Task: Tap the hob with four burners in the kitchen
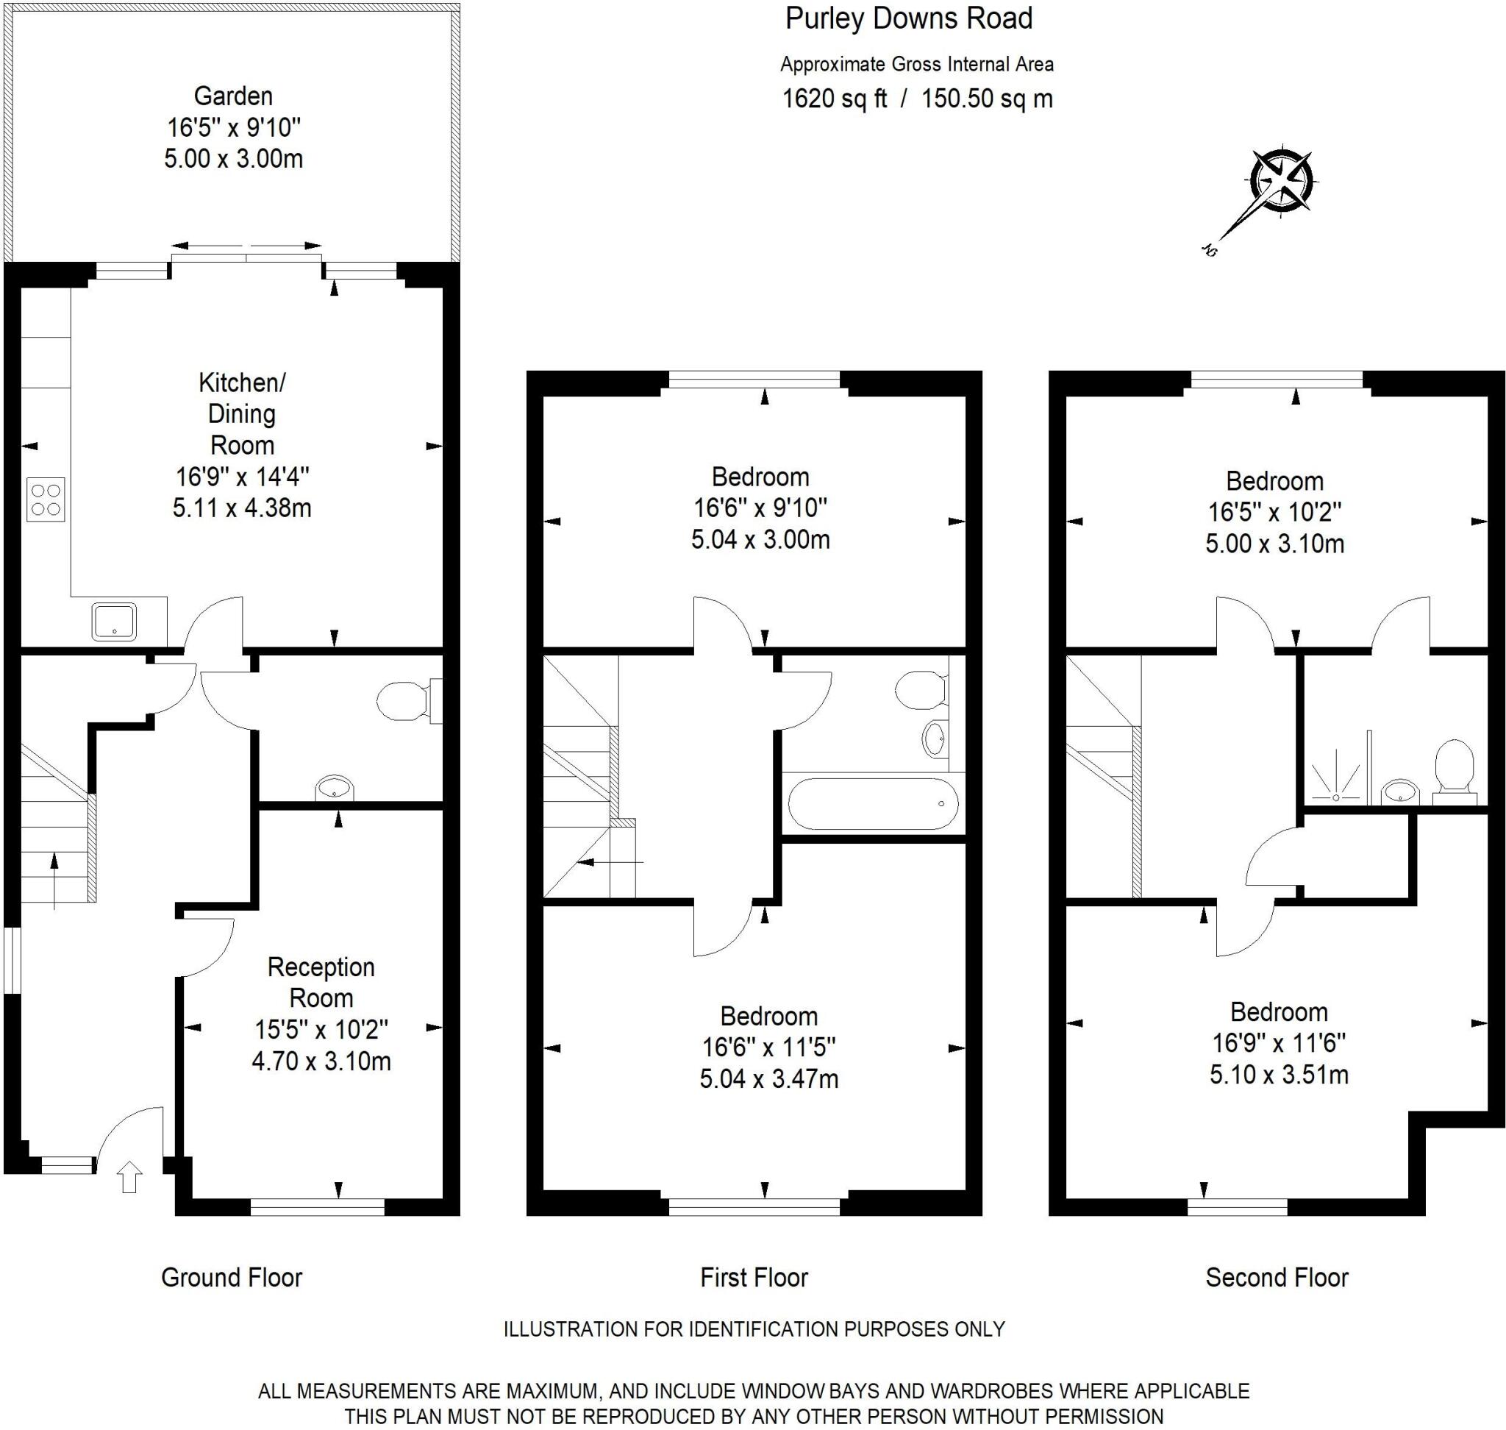tap(45, 499)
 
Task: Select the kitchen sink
tap(114, 621)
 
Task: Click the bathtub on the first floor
tap(873, 803)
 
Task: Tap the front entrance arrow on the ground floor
tap(129, 1176)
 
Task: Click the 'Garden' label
tap(233, 96)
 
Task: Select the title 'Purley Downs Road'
tap(908, 18)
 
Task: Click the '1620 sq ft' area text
tap(835, 99)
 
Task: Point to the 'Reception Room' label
tap(321, 982)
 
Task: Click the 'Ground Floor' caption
tap(232, 1277)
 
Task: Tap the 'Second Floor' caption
tap(1277, 1277)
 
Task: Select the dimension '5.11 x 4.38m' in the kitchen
tap(242, 508)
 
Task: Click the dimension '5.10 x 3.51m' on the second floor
tap(1279, 1074)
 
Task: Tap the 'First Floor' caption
tap(754, 1277)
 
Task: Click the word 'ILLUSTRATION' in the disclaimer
tap(570, 1328)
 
